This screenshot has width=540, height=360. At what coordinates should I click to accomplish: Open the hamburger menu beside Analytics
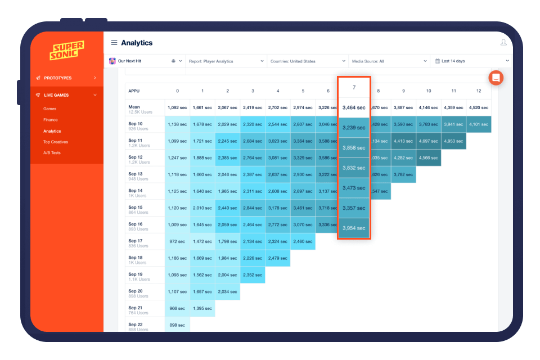pos(114,43)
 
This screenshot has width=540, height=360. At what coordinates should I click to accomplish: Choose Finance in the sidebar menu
pos(51,120)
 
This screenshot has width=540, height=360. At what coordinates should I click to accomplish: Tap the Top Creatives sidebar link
pos(56,142)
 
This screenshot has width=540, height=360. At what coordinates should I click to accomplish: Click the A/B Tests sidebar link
pos(52,152)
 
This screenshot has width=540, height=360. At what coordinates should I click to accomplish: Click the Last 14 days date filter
pos(471,61)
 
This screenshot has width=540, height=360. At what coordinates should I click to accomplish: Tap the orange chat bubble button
pos(496,78)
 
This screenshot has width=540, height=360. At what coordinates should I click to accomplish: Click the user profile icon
pos(503,43)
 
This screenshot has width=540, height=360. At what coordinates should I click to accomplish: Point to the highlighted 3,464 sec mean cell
pos(354,107)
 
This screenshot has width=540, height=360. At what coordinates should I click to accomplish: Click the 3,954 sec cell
pos(354,228)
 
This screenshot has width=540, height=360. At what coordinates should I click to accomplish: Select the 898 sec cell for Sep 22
pos(177,326)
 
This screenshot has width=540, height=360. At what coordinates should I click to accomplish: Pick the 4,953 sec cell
pos(453,141)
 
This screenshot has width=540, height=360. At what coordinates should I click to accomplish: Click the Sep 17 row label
pos(136,243)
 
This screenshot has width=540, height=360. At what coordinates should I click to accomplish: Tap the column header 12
pos(479,91)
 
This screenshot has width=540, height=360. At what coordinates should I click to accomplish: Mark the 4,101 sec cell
pos(479,124)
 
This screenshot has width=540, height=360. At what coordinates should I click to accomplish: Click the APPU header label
pos(134,91)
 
